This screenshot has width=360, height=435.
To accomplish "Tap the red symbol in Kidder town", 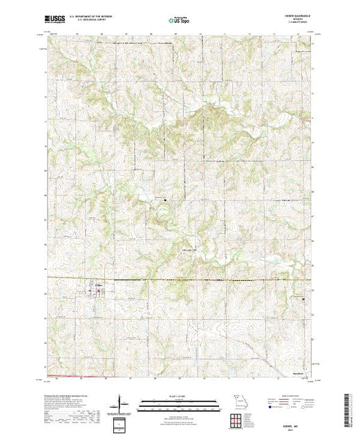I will click(x=97, y=291).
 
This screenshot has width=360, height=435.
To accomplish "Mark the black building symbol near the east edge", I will click(x=304, y=298).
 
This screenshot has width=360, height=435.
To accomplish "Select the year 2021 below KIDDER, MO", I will click(x=294, y=428).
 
